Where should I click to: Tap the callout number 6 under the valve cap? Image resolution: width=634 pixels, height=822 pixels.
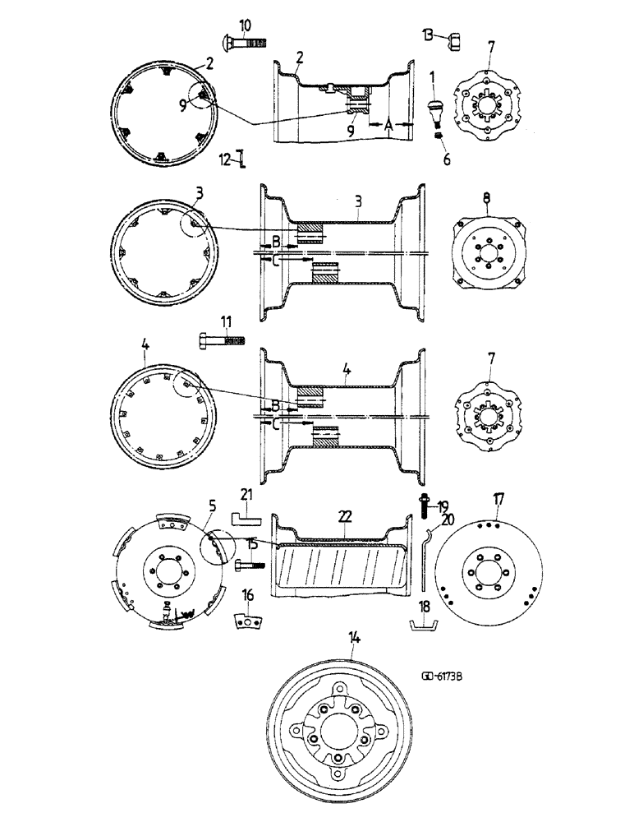coord(448,159)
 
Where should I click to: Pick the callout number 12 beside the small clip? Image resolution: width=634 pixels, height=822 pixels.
coord(225,157)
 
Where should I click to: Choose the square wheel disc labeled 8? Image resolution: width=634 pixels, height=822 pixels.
coord(486,253)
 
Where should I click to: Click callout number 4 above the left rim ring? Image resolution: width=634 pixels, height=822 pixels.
coord(145,348)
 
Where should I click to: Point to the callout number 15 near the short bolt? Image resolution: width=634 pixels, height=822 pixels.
coord(252,544)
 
